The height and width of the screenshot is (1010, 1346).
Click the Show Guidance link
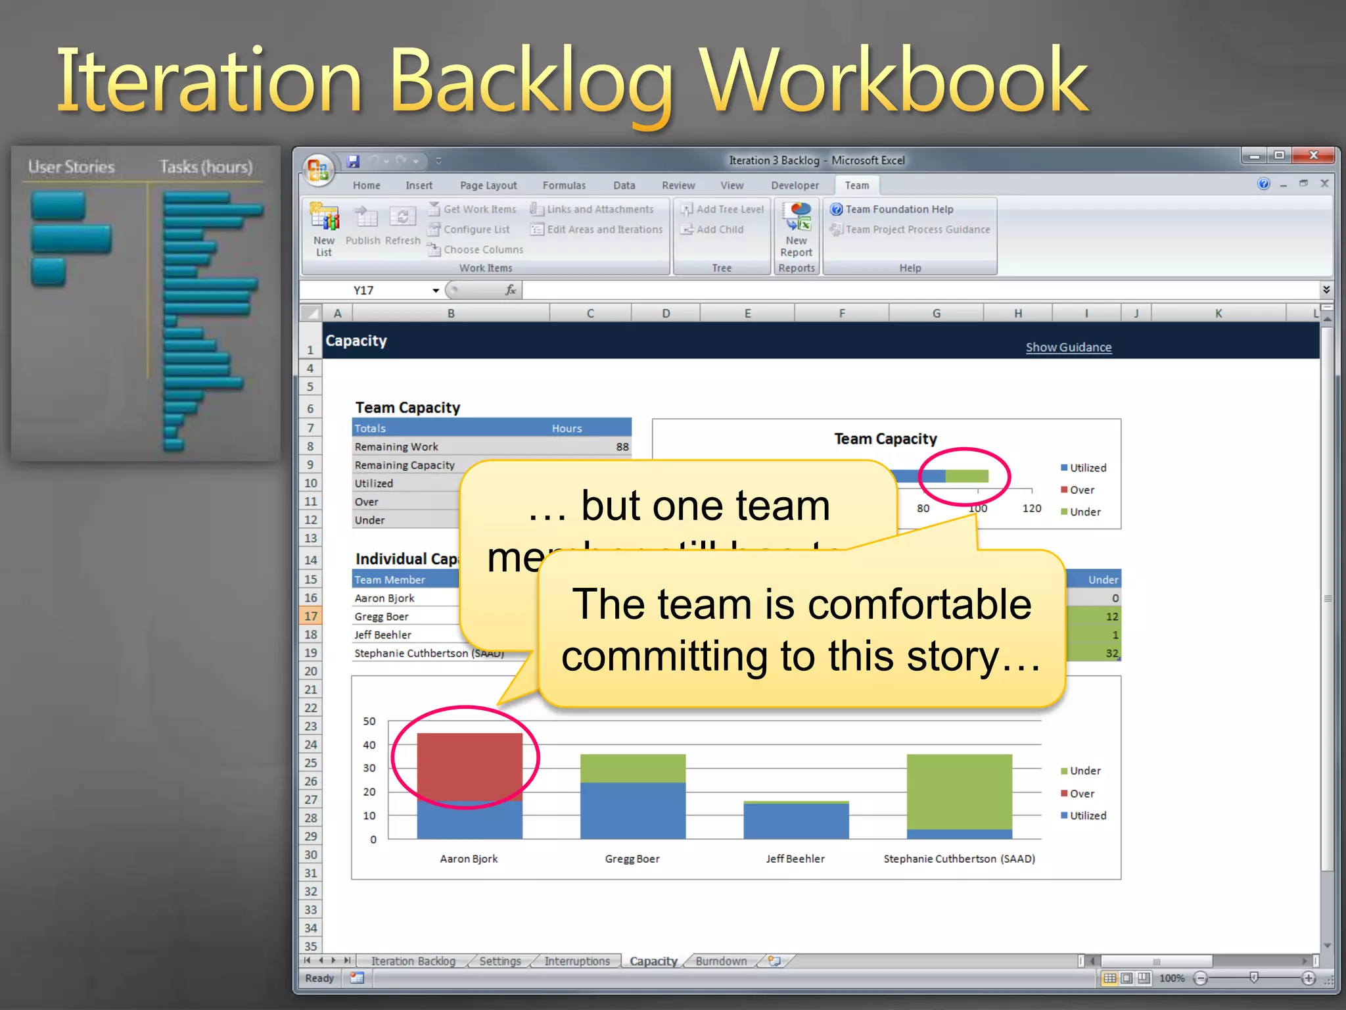(x=1068, y=347)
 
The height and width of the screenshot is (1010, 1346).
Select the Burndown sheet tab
(x=720, y=961)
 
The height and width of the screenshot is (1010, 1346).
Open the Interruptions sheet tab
(x=576, y=961)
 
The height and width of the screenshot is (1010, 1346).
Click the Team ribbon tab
(x=856, y=185)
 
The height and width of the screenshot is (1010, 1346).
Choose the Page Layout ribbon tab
(x=488, y=185)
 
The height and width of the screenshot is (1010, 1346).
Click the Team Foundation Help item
(x=898, y=209)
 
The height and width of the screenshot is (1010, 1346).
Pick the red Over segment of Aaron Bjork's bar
(x=469, y=766)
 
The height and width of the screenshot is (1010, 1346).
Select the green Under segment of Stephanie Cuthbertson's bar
(x=959, y=792)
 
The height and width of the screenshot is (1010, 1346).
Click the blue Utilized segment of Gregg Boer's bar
(x=632, y=810)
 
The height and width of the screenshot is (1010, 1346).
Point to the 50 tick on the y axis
(x=369, y=721)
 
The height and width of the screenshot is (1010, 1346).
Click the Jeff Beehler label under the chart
(x=795, y=859)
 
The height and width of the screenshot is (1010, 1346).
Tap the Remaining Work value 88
(x=622, y=446)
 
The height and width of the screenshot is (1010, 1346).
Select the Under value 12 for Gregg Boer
(x=1111, y=617)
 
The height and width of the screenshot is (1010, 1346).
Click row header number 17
(x=311, y=616)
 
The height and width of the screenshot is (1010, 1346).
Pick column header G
(x=936, y=314)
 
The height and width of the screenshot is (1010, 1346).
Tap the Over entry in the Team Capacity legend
(x=1081, y=490)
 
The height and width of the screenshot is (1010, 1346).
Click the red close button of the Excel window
(x=1313, y=155)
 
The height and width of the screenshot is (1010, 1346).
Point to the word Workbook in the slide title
(x=894, y=82)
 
